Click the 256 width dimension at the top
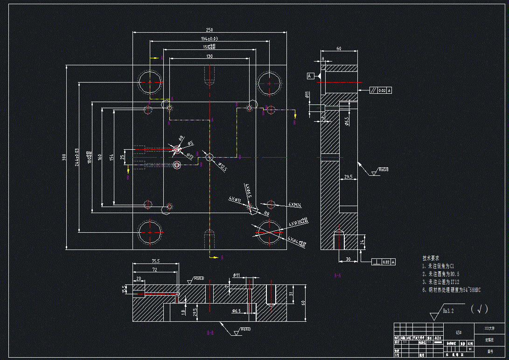point(210,30)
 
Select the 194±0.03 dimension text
point(209,39)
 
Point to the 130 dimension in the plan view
point(209,56)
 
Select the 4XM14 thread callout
point(295,205)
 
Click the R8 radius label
point(267,213)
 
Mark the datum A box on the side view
point(310,76)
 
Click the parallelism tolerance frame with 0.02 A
point(381,90)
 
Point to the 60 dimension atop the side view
point(339,48)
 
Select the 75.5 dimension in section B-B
point(155,261)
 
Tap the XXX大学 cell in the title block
point(490,328)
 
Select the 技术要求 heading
point(431,258)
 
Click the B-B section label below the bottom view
point(210,333)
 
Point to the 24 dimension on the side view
point(363,242)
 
